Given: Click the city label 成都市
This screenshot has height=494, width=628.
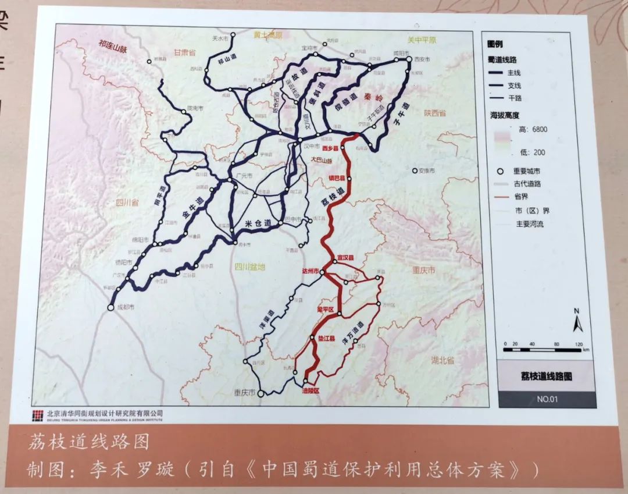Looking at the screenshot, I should click(125, 307).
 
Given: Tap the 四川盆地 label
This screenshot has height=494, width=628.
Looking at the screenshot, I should click(249, 267).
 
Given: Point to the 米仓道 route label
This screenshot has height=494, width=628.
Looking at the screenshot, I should click(259, 223).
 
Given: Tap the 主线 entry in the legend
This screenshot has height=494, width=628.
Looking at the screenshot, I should click(514, 73).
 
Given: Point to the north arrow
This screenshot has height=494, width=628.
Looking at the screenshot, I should click(577, 321).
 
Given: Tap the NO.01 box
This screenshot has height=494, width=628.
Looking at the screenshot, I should click(547, 399).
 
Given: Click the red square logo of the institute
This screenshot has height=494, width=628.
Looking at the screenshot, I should click(38, 415).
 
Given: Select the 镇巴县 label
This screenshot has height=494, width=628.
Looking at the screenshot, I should click(337, 177).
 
